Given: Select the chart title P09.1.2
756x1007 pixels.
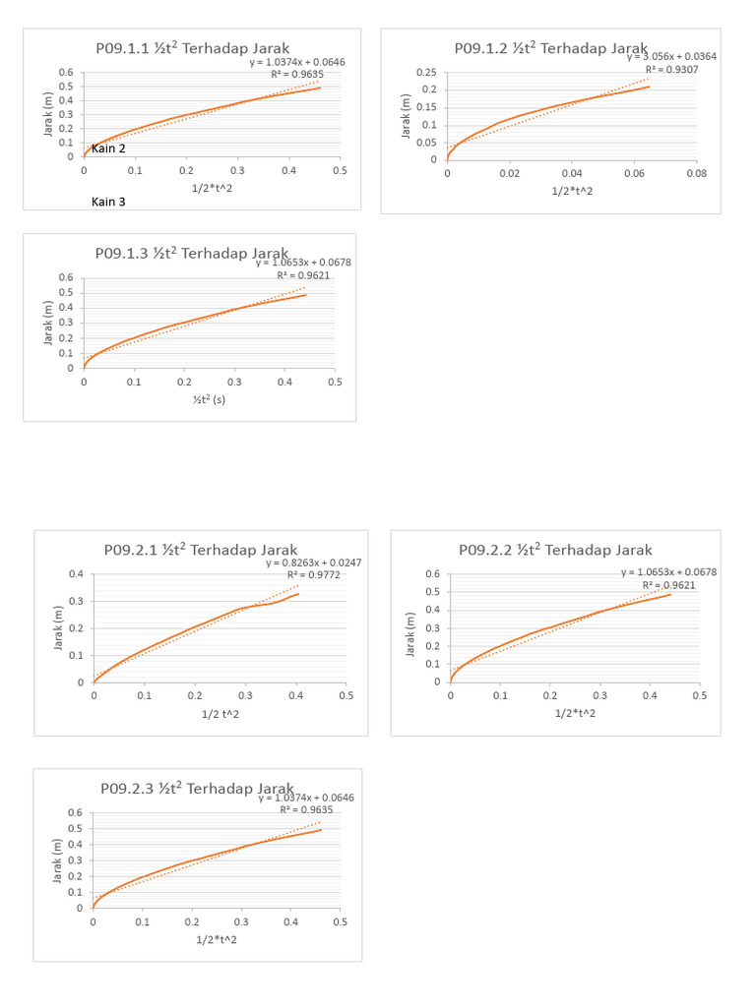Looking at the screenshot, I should (550, 47).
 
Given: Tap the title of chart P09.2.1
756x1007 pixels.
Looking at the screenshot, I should (201, 550).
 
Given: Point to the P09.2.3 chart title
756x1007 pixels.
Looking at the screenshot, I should (197, 789).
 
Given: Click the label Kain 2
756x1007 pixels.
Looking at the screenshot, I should (108, 148).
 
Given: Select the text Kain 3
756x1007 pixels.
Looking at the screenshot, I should (108, 201).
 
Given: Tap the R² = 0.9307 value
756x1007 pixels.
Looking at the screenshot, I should (670, 70).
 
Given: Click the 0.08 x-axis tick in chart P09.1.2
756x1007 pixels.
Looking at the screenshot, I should (696, 173).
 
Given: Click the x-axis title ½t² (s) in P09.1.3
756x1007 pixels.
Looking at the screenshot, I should (208, 400).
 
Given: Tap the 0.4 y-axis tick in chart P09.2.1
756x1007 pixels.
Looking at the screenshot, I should (76, 574).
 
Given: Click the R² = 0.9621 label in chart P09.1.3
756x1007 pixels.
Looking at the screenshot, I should (303, 276).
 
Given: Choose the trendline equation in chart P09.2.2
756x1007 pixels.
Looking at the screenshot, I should (669, 572).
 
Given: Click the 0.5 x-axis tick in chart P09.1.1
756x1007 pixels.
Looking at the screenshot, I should (340, 171).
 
